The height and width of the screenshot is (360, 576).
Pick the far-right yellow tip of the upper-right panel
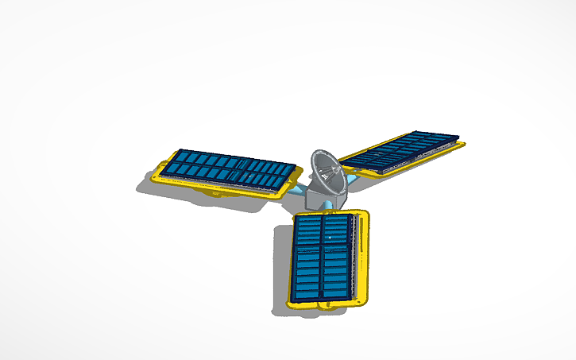[462, 144]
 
